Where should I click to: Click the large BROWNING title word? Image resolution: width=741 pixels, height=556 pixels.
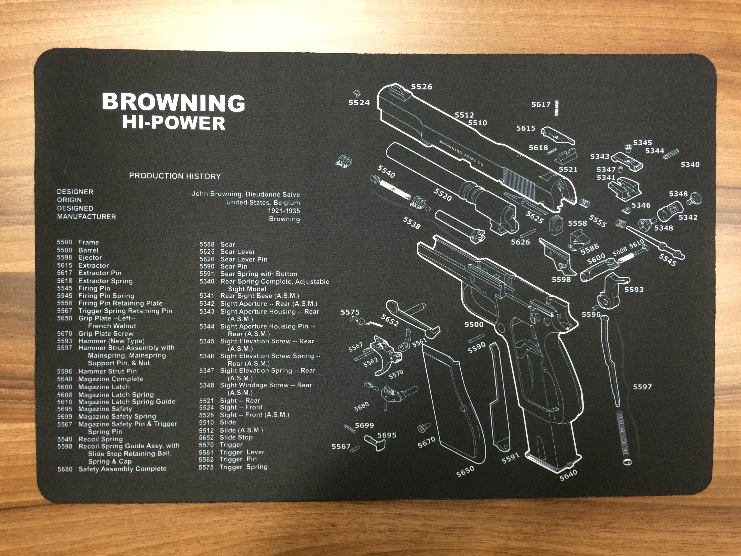point(173,103)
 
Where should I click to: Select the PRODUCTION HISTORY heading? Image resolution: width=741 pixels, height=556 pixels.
point(175,176)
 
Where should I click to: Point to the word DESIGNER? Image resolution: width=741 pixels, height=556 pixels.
point(75,192)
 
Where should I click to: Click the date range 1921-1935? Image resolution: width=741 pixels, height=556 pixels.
point(284,211)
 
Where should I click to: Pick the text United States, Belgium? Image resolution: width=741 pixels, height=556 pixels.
point(263,202)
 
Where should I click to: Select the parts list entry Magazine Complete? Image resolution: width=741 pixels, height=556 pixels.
point(111,379)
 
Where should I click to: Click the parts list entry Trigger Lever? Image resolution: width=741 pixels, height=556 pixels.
point(242,452)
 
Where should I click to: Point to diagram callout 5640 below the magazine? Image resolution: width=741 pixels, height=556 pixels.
point(568,474)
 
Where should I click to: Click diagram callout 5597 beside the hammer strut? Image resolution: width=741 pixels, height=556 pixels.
point(642,387)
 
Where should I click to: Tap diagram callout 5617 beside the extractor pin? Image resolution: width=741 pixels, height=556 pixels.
point(541,104)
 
